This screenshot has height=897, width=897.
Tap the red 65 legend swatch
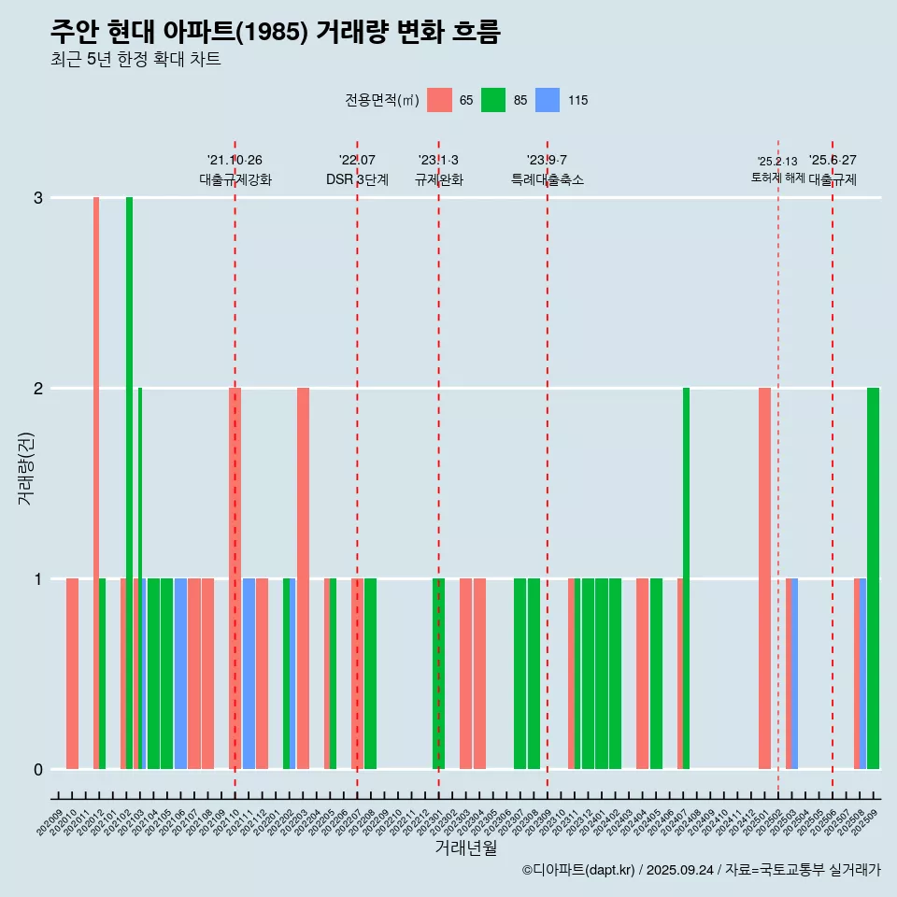[439, 100]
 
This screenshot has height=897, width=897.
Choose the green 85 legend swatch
[493, 100]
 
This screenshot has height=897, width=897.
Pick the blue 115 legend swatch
[548, 100]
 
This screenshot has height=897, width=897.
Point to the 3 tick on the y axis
[38, 198]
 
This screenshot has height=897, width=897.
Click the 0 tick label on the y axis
[38, 770]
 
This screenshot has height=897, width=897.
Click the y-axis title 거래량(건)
[25, 468]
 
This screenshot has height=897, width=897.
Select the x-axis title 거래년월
[465, 847]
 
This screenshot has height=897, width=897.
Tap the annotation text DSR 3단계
[357, 179]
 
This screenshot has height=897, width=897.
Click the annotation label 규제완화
[438, 179]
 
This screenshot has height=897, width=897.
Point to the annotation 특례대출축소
[547, 179]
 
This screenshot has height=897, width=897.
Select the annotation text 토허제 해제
[777, 178]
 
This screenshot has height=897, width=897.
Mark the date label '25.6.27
[833, 160]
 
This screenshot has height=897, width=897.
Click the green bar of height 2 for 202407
[686, 578]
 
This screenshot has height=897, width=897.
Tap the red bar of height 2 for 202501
[764, 578]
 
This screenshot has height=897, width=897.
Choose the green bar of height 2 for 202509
[873, 578]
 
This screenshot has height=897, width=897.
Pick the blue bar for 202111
[249, 674]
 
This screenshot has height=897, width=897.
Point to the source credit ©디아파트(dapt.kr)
[578, 870]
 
